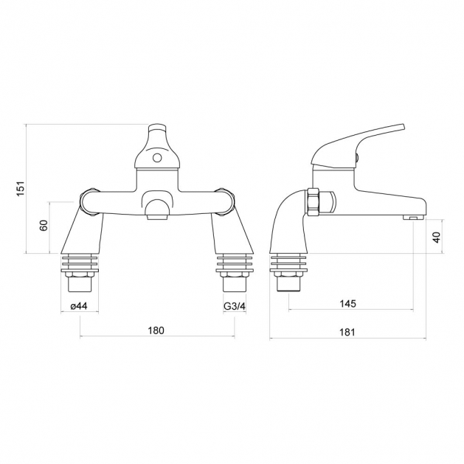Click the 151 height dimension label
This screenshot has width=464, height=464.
coord(21,188)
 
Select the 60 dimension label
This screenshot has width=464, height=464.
coord(44,226)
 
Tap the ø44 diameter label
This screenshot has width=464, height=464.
coord(79,306)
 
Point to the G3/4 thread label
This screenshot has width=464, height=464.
coord(235,306)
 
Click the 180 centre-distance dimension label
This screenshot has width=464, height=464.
coord(156,330)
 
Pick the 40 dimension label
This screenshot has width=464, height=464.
coord(437,237)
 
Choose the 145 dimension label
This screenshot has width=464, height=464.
coord(348,304)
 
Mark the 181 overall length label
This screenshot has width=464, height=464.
coord(347,332)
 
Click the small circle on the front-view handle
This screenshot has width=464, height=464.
coord(157,158)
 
